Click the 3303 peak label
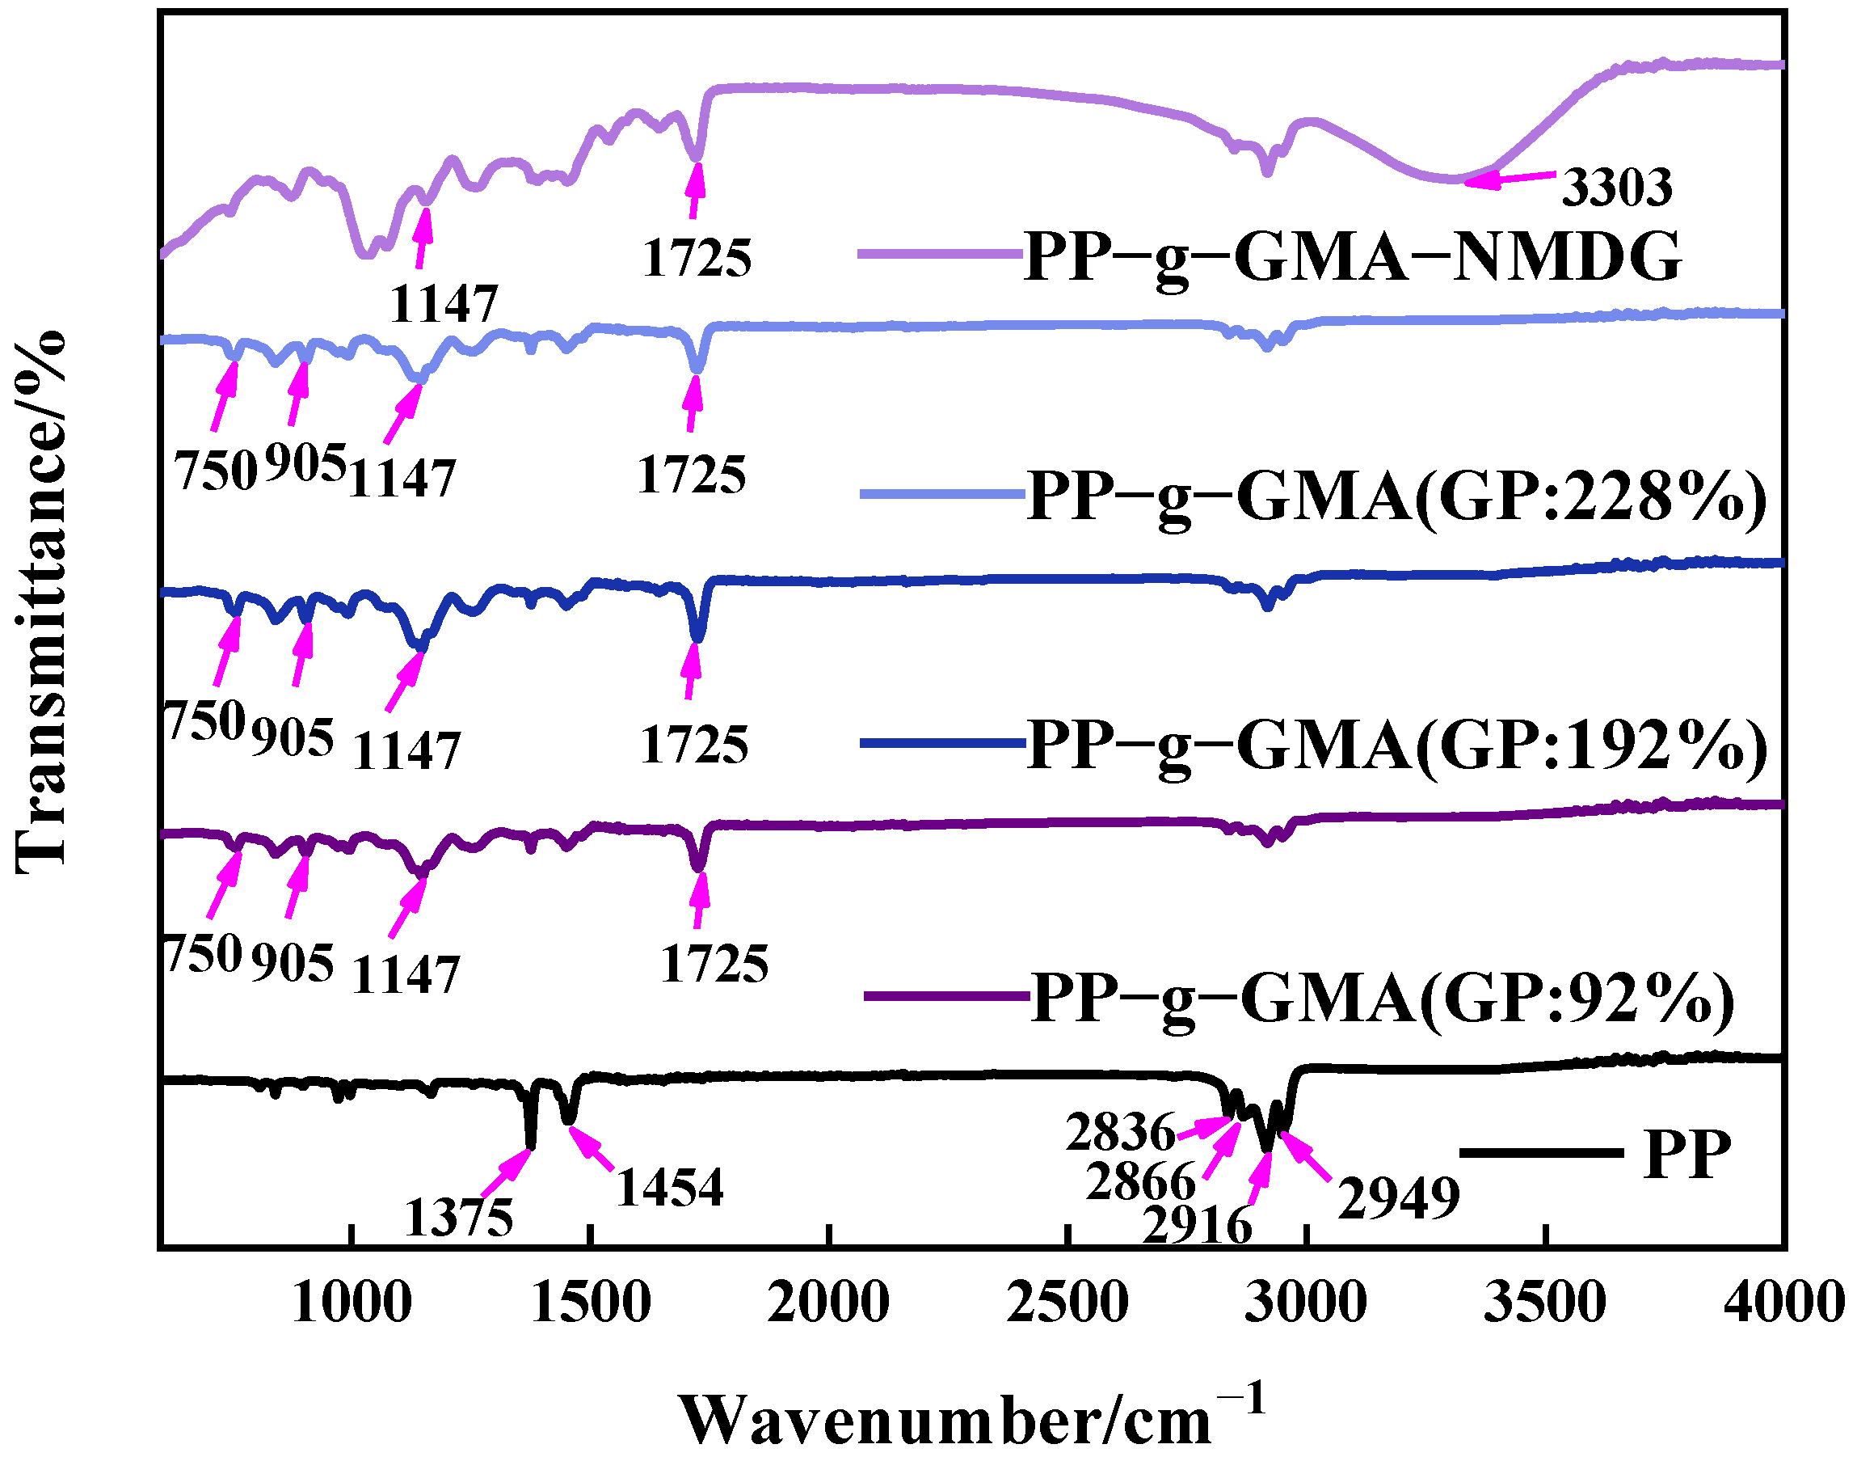tap(1616, 188)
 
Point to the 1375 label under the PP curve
tap(459, 1218)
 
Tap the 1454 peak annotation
tap(669, 1188)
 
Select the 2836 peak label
tap(1120, 1133)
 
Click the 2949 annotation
tap(1398, 1198)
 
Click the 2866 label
tap(1141, 1182)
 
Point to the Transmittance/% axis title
tap(41, 602)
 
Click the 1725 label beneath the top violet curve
tap(697, 259)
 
